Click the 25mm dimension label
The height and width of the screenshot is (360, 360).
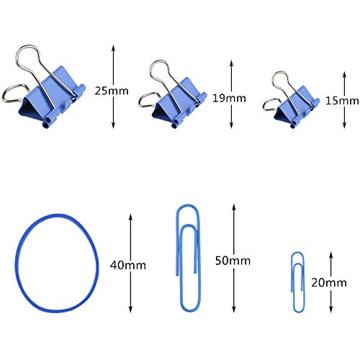tap(112, 91)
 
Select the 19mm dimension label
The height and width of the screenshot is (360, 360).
tap(229, 99)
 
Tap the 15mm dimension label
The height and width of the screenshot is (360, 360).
tap(342, 101)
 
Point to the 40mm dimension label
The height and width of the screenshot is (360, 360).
tap(128, 266)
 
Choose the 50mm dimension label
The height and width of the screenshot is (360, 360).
tap(233, 261)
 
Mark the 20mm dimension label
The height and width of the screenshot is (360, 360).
tap(329, 282)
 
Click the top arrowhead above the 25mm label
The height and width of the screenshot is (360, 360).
tap(113, 48)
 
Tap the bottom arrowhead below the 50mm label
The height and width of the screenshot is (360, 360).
tap(234, 310)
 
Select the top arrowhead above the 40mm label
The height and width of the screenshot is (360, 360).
tap(130, 217)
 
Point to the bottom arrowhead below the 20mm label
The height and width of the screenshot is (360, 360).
tap(331, 310)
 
